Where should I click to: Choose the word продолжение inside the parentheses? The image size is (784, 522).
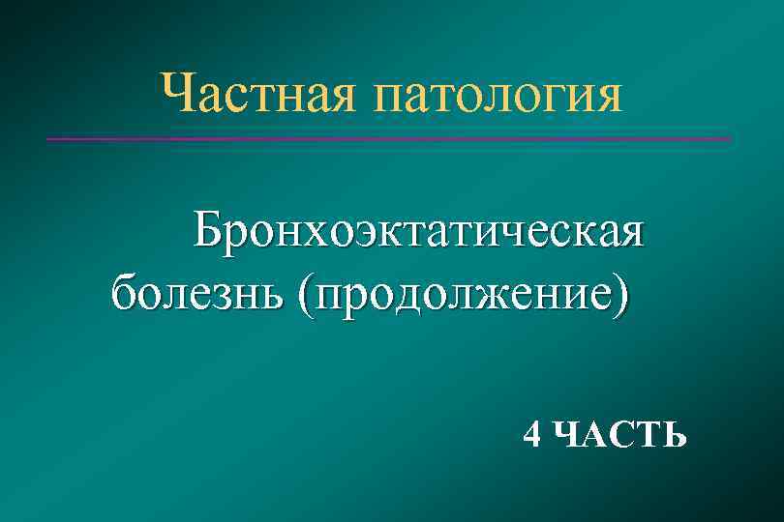pyautogui.click(x=463, y=291)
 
